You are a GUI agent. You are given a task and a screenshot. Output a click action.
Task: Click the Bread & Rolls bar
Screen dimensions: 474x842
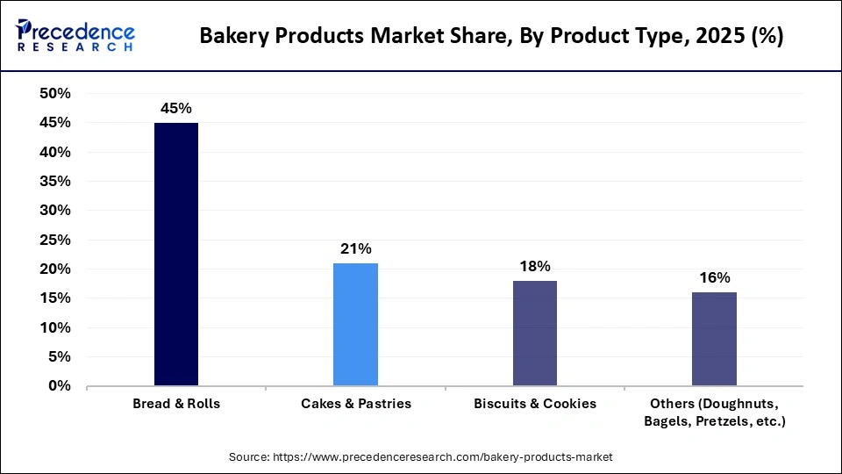176,255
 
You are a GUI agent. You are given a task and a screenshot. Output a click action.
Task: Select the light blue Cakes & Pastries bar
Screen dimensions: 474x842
355,325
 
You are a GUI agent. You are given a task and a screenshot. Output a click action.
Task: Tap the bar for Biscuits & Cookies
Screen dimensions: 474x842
534,334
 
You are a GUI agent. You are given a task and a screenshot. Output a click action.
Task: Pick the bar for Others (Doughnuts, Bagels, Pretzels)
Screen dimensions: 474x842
714,339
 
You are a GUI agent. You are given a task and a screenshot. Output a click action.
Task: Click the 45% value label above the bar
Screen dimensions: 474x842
175,108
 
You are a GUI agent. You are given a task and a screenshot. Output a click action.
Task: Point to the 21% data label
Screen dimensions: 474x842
355,249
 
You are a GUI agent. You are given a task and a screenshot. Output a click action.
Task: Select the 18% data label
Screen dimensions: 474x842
534,266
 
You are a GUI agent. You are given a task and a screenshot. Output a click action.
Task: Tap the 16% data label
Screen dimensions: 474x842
714,278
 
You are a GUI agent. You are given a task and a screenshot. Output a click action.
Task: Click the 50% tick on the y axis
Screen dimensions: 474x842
55,94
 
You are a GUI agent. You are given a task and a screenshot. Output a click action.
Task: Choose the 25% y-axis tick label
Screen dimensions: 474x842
55,240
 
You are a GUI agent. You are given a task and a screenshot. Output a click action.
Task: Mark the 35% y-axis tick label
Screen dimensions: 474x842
55,182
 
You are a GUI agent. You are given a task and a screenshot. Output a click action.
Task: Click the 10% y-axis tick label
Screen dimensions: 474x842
55,327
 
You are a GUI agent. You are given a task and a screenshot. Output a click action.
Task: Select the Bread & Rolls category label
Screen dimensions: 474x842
176,404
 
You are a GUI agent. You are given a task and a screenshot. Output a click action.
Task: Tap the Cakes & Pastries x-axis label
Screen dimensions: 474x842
355,404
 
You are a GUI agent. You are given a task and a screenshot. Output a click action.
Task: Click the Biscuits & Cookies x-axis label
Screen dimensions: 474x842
534,404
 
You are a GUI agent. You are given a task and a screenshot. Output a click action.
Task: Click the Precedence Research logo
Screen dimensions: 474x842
75,36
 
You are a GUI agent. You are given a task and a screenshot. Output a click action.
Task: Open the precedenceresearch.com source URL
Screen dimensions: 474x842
444,457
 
